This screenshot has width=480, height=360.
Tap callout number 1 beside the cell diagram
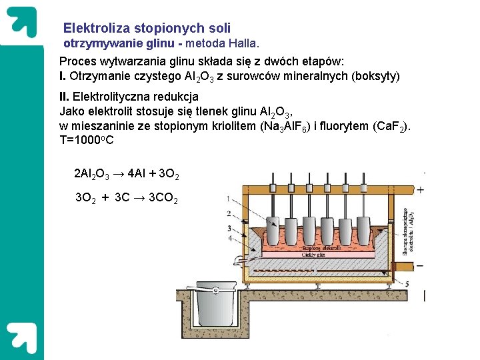point(229,199)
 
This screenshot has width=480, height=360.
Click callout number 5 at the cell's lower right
point(408,283)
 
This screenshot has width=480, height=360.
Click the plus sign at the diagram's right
point(420,190)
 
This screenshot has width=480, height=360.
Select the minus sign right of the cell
point(420,265)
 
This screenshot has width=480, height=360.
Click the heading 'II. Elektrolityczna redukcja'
point(129,97)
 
